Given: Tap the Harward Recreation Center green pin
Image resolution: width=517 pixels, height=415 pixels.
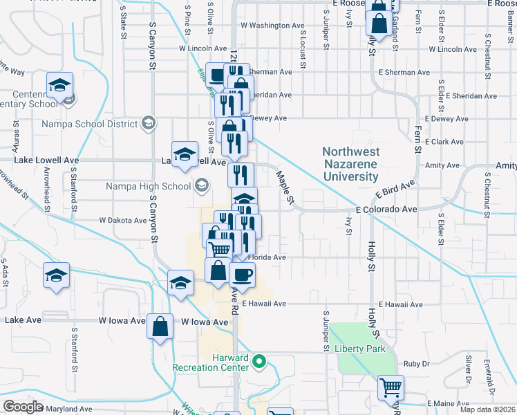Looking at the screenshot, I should [x=260, y=361].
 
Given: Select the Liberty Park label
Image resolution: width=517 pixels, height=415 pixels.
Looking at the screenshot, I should [x=360, y=349].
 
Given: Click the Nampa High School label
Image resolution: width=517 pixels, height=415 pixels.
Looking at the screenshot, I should [x=148, y=185].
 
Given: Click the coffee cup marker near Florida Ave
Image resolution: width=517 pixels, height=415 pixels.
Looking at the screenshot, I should [x=242, y=275].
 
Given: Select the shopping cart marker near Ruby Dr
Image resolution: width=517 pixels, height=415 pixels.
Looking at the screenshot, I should [x=391, y=387].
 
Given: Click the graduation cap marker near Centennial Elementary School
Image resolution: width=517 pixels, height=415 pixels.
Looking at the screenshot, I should [x=60, y=85].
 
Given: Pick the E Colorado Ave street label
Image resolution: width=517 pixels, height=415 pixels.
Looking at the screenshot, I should [x=386, y=209].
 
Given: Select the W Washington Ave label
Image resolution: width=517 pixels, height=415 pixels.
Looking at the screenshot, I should [x=272, y=26].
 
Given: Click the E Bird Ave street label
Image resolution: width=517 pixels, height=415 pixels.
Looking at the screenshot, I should [x=395, y=190].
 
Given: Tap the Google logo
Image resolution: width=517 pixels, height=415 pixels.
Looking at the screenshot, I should [x=23, y=407].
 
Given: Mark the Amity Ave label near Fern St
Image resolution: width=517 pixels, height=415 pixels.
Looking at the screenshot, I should [x=443, y=165].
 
